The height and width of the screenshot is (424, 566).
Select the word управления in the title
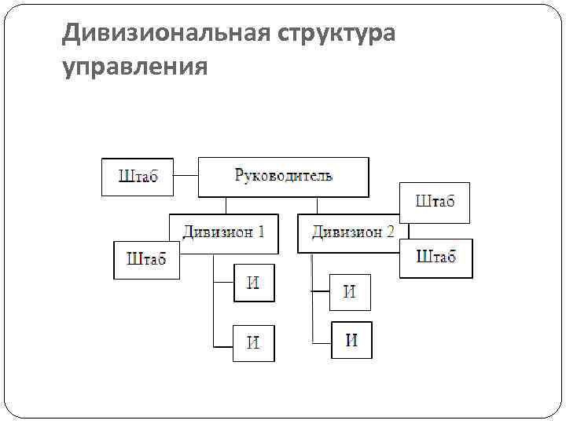coord(135,68)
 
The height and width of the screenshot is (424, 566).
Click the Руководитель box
coord(283,177)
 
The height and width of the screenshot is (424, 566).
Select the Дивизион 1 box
coord(223,233)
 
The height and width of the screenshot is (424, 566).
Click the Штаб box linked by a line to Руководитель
coord(138,177)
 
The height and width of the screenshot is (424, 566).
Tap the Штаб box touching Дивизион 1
coord(146,260)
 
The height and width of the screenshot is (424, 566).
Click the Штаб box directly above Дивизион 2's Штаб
coord(435,203)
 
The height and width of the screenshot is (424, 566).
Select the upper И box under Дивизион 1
coord(253,283)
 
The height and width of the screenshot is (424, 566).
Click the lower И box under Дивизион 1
coord(253,343)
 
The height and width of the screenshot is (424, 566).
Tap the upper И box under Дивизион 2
coord(350,292)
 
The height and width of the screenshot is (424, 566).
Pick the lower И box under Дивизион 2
coord(351,340)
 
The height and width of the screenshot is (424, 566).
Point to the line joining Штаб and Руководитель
coord(186,177)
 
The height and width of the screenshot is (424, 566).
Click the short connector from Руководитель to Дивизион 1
coord(226,205)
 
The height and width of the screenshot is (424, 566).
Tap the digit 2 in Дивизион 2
coord(390,232)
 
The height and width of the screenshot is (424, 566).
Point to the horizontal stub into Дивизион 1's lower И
coord(223,346)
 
